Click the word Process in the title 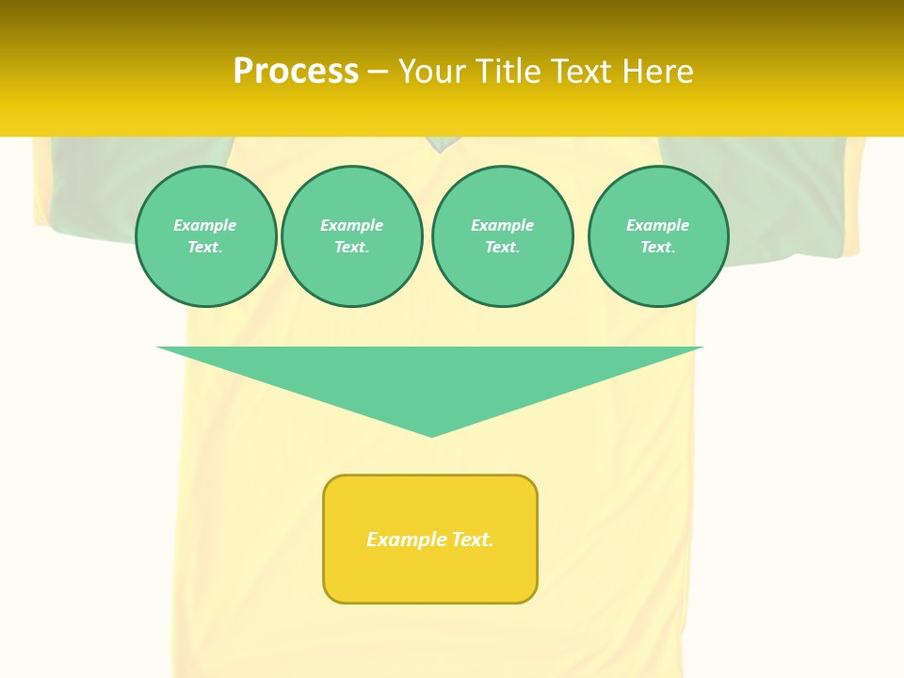[296, 72]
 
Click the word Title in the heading [508, 72]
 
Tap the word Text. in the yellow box [473, 540]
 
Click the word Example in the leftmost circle [205, 225]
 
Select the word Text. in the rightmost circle [658, 247]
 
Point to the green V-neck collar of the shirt [440, 143]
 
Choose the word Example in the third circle [503, 225]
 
